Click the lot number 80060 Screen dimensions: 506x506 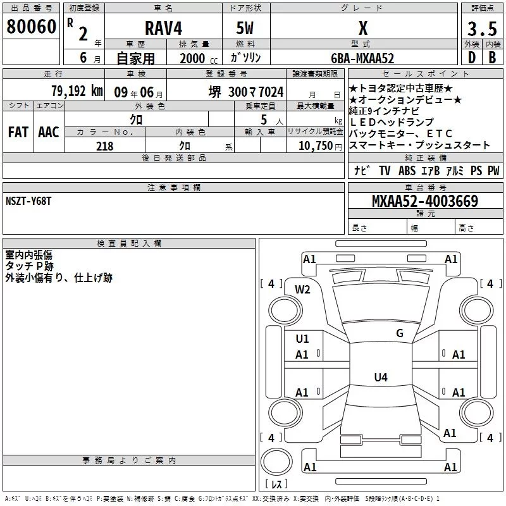(31, 27)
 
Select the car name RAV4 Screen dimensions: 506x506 (163, 28)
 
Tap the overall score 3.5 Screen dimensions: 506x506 (482, 28)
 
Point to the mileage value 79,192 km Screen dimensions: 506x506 (77, 91)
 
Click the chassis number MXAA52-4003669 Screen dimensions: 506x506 (425, 201)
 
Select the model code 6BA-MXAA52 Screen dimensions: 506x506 (362, 58)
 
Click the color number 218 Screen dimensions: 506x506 (104, 146)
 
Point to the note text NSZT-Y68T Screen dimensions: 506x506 (28, 201)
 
